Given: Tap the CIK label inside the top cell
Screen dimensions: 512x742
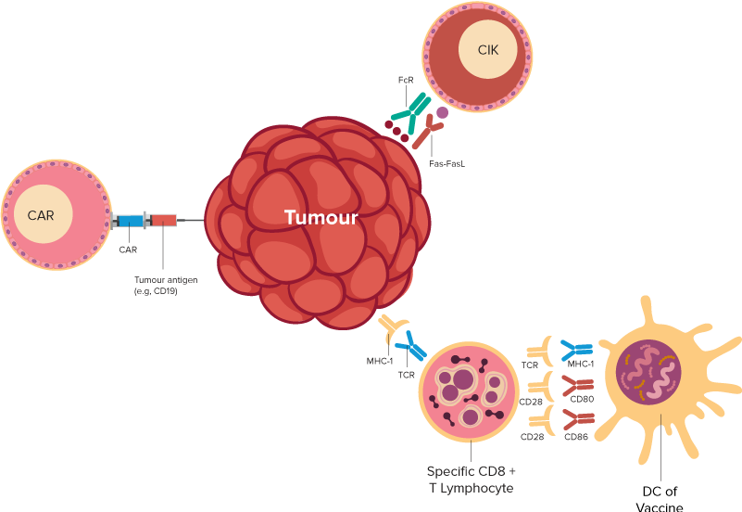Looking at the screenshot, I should (488, 49).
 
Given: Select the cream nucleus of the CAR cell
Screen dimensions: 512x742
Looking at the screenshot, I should (42, 215).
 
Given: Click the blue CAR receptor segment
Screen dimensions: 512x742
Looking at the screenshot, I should (130, 220).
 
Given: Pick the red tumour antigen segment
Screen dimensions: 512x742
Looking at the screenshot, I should (164, 220).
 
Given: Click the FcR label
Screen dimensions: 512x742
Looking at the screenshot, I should (406, 82).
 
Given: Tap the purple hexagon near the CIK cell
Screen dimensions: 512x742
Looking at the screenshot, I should (442, 112).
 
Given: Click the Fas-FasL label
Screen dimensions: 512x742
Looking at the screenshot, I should (446, 163).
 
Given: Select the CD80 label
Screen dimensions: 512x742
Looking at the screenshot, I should (582, 400).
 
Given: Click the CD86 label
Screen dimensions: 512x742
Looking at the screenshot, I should (578, 435).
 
